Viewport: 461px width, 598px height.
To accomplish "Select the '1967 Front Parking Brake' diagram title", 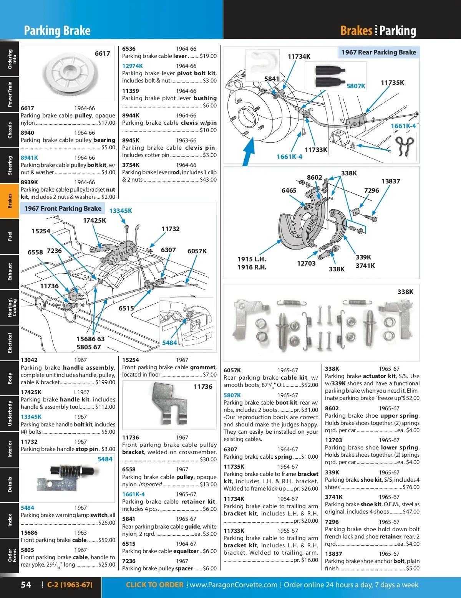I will point(63,208).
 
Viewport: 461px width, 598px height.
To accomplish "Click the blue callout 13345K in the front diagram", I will point(121,211).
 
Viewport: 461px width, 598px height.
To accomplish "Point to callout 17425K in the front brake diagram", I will point(95,220).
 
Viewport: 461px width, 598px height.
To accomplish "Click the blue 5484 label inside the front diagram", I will point(169,343).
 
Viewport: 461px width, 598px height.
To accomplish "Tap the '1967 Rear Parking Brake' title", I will point(378,52).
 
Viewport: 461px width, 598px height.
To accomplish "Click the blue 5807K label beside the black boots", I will point(356,86).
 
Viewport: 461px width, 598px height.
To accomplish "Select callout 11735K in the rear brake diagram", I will point(392,83).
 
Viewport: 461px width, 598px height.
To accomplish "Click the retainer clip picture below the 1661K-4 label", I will point(405,145).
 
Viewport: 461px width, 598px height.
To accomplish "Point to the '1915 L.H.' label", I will point(252,259).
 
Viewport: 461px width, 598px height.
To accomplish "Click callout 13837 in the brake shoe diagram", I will point(391,181).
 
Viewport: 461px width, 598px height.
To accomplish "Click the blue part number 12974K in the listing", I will point(133,66).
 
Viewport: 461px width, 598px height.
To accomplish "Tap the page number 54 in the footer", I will point(26,585).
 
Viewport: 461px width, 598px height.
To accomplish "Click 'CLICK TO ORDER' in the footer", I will point(154,585).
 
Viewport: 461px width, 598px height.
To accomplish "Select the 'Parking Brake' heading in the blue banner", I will point(57,31).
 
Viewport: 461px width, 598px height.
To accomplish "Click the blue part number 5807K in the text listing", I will point(232,395).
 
